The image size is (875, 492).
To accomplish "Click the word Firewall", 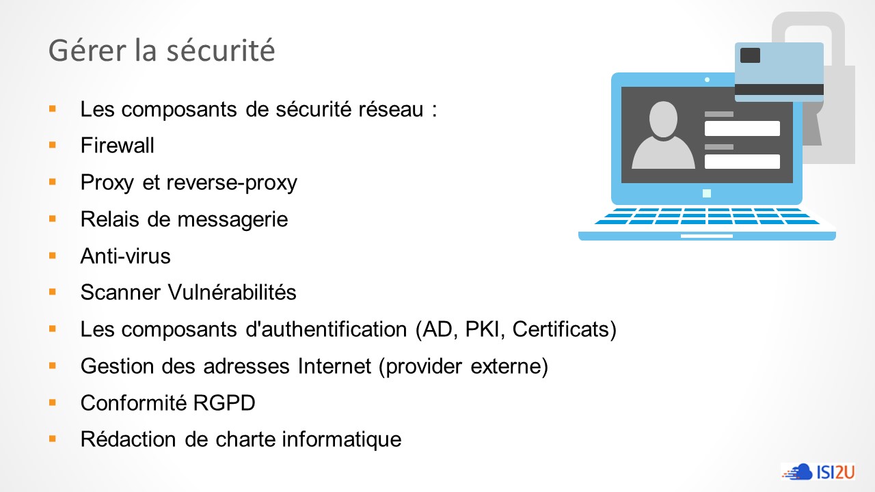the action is pos(117,146).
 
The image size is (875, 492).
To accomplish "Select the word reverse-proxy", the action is pos(232,183).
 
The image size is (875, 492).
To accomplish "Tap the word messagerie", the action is pos(233,220).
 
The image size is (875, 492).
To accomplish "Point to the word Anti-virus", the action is pos(125,256).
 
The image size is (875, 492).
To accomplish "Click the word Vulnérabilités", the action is pos(232,292).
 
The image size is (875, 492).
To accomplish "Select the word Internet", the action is pos(334,366).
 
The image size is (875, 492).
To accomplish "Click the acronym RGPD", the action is pos(224,403).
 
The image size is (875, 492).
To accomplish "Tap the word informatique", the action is pos(342,439).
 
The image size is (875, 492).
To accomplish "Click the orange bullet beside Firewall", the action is pos(53,146).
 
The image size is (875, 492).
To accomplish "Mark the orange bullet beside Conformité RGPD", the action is pos(53,402).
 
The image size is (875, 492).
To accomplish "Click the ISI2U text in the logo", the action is pos(835,472).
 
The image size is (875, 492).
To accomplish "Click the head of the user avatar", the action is pos(663,119).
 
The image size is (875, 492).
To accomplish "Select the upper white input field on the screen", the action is pos(742,128).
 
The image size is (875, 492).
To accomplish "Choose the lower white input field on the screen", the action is pos(742,161).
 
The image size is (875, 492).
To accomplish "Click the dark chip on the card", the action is pos(750,55).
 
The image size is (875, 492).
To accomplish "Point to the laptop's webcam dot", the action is pos(707,80).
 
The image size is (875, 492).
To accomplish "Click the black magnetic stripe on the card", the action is pos(779,90).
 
